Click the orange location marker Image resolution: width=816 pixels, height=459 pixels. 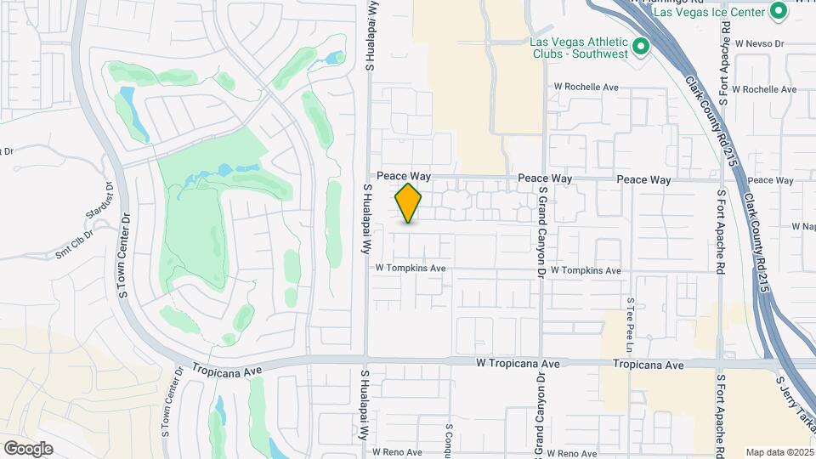point(409,202)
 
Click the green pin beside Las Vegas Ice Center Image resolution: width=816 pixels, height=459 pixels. point(778,11)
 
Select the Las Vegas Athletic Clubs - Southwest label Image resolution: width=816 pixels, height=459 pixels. point(578,48)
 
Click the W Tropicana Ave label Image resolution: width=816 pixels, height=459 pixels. point(518,364)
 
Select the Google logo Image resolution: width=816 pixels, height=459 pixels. point(28,448)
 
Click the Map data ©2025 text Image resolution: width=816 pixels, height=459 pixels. point(779,452)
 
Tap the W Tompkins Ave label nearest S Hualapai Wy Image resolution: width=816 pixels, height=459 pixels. point(411,269)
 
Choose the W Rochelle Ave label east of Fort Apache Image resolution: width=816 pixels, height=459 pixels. point(764,89)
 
